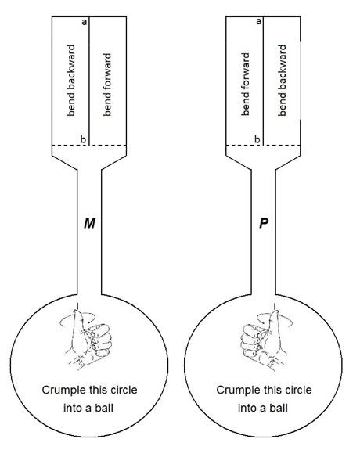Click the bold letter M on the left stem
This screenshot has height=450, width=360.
(x=89, y=223)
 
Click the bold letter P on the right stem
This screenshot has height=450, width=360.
(x=264, y=223)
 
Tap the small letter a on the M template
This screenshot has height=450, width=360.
(x=84, y=22)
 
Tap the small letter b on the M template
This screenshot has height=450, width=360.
(x=83, y=139)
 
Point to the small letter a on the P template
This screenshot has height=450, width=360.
(x=259, y=22)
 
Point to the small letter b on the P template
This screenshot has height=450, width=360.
(x=257, y=139)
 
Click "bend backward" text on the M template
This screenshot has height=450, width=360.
(x=70, y=81)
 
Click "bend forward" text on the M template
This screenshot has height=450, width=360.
(x=106, y=85)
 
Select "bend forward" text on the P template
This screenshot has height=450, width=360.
(x=246, y=85)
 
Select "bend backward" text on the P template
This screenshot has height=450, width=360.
(x=283, y=81)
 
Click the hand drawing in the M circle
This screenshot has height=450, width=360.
(x=86, y=337)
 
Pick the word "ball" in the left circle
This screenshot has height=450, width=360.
(x=104, y=408)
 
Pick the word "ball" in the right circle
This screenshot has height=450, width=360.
(x=279, y=408)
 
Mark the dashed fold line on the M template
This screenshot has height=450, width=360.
(x=89, y=146)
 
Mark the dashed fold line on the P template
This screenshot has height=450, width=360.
(x=264, y=146)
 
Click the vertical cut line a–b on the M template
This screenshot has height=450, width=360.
(x=89, y=81)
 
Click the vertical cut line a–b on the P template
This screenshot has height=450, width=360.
(x=264, y=81)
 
